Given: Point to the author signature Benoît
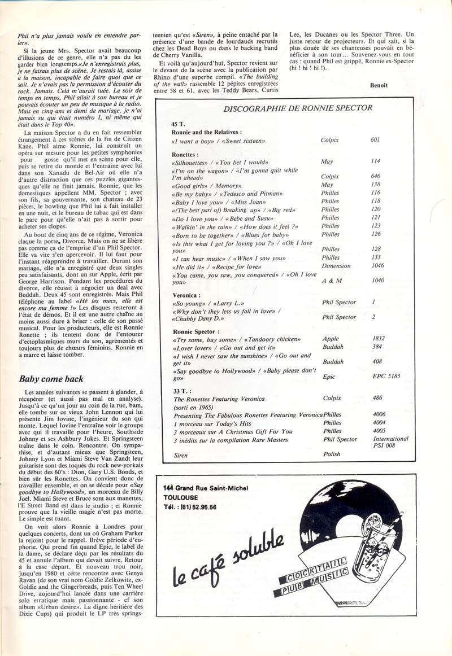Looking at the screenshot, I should click(x=380, y=86).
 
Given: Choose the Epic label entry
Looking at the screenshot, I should click(x=328, y=374).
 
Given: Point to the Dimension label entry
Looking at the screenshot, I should click(x=336, y=265).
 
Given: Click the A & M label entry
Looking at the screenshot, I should click(x=330, y=279).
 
